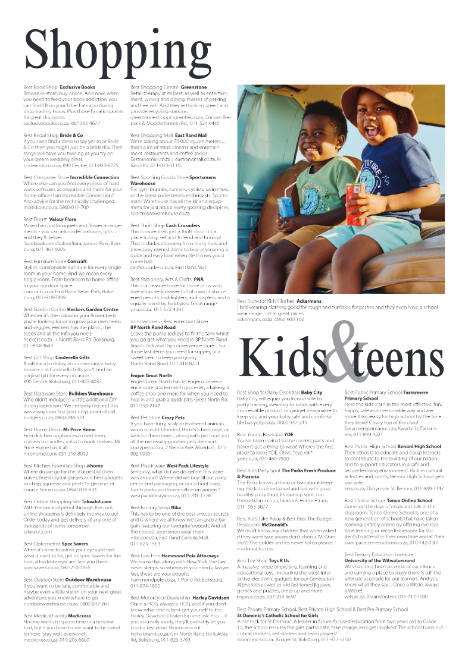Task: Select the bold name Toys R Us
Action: point(279,560)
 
